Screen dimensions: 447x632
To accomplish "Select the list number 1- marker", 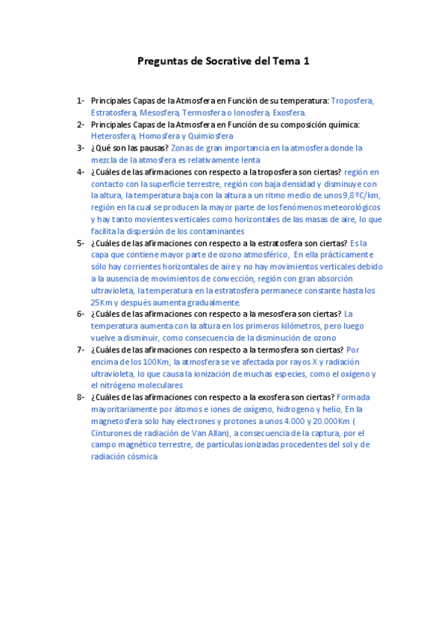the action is (x=80, y=100).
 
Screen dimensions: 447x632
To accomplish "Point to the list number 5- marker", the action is (x=80, y=243).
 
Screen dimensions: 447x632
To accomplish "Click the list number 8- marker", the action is (x=80, y=397).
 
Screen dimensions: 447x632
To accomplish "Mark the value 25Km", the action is (x=102, y=303).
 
